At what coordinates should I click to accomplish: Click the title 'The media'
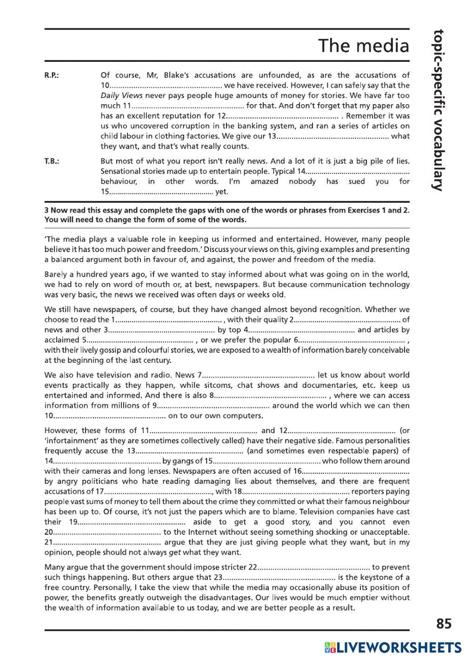coord(363,46)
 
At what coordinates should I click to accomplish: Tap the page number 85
coord(444,623)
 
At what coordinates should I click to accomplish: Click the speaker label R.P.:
coord(52,75)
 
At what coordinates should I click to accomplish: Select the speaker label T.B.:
coord(52,161)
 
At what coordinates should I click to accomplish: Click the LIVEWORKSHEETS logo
coord(393,647)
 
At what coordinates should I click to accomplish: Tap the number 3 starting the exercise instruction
coord(46,210)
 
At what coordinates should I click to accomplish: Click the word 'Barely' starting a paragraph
coord(55,274)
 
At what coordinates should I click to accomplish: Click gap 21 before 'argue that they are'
coord(106,542)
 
